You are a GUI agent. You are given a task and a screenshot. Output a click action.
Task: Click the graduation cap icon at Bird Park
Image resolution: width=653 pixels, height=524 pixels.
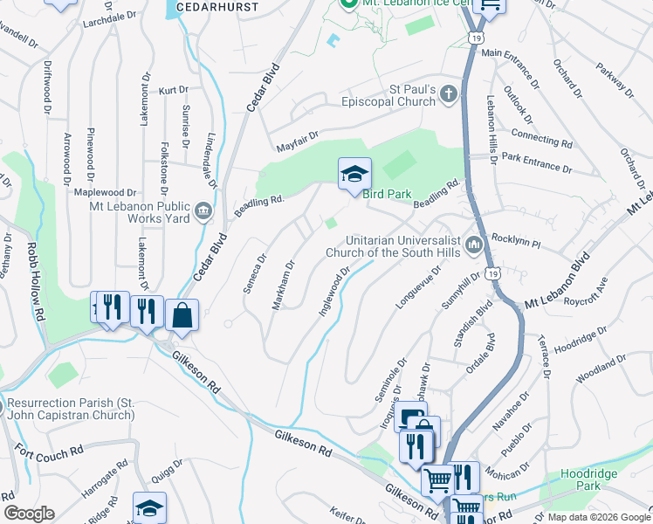click(x=355, y=174)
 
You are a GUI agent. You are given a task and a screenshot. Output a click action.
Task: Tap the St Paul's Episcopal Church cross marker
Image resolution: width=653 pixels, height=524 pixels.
click(x=448, y=94)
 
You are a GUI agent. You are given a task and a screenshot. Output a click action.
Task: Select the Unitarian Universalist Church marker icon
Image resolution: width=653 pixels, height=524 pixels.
click(x=474, y=245)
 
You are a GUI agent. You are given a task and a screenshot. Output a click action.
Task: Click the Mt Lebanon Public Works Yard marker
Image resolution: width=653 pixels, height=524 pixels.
click(x=203, y=211)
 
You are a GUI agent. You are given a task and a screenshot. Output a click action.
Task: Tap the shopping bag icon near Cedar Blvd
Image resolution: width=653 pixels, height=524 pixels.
click(x=182, y=315)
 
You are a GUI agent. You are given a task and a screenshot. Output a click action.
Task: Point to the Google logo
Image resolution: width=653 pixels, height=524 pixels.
click(x=29, y=514)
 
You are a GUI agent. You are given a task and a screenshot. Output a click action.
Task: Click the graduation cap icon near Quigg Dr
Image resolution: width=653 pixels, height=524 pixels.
click(x=149, y=508)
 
